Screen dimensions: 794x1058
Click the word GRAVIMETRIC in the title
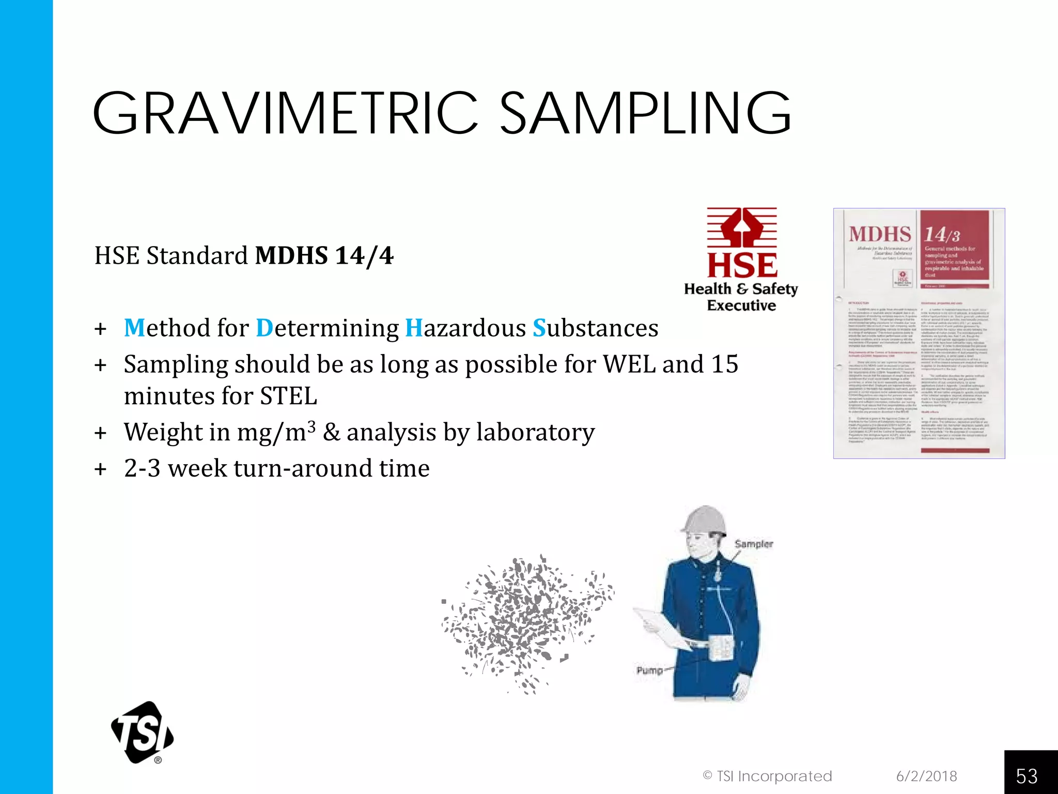click(x=286, y=113)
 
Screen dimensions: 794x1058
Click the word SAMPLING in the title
click(x=646, y=113)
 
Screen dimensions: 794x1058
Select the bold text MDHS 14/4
click(x=324, y=255)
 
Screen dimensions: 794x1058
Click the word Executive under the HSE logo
click(x=741, y=306)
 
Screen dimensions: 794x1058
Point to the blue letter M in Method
click(x=134, y=328)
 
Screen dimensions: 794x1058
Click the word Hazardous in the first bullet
click(x=465, y=328)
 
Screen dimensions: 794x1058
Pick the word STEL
click(x=288, y=396)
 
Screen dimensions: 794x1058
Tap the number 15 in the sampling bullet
click(x=724, y=364)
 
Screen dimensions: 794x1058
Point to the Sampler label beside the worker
click(x=754, y=544)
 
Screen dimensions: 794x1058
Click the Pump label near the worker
click(x=649, y=670)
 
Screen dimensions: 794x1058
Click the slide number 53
click(x=1026, y=776)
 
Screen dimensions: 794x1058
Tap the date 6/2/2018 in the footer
click(x=926, y=776)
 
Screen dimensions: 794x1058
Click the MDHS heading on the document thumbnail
click(x=879, y=234)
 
